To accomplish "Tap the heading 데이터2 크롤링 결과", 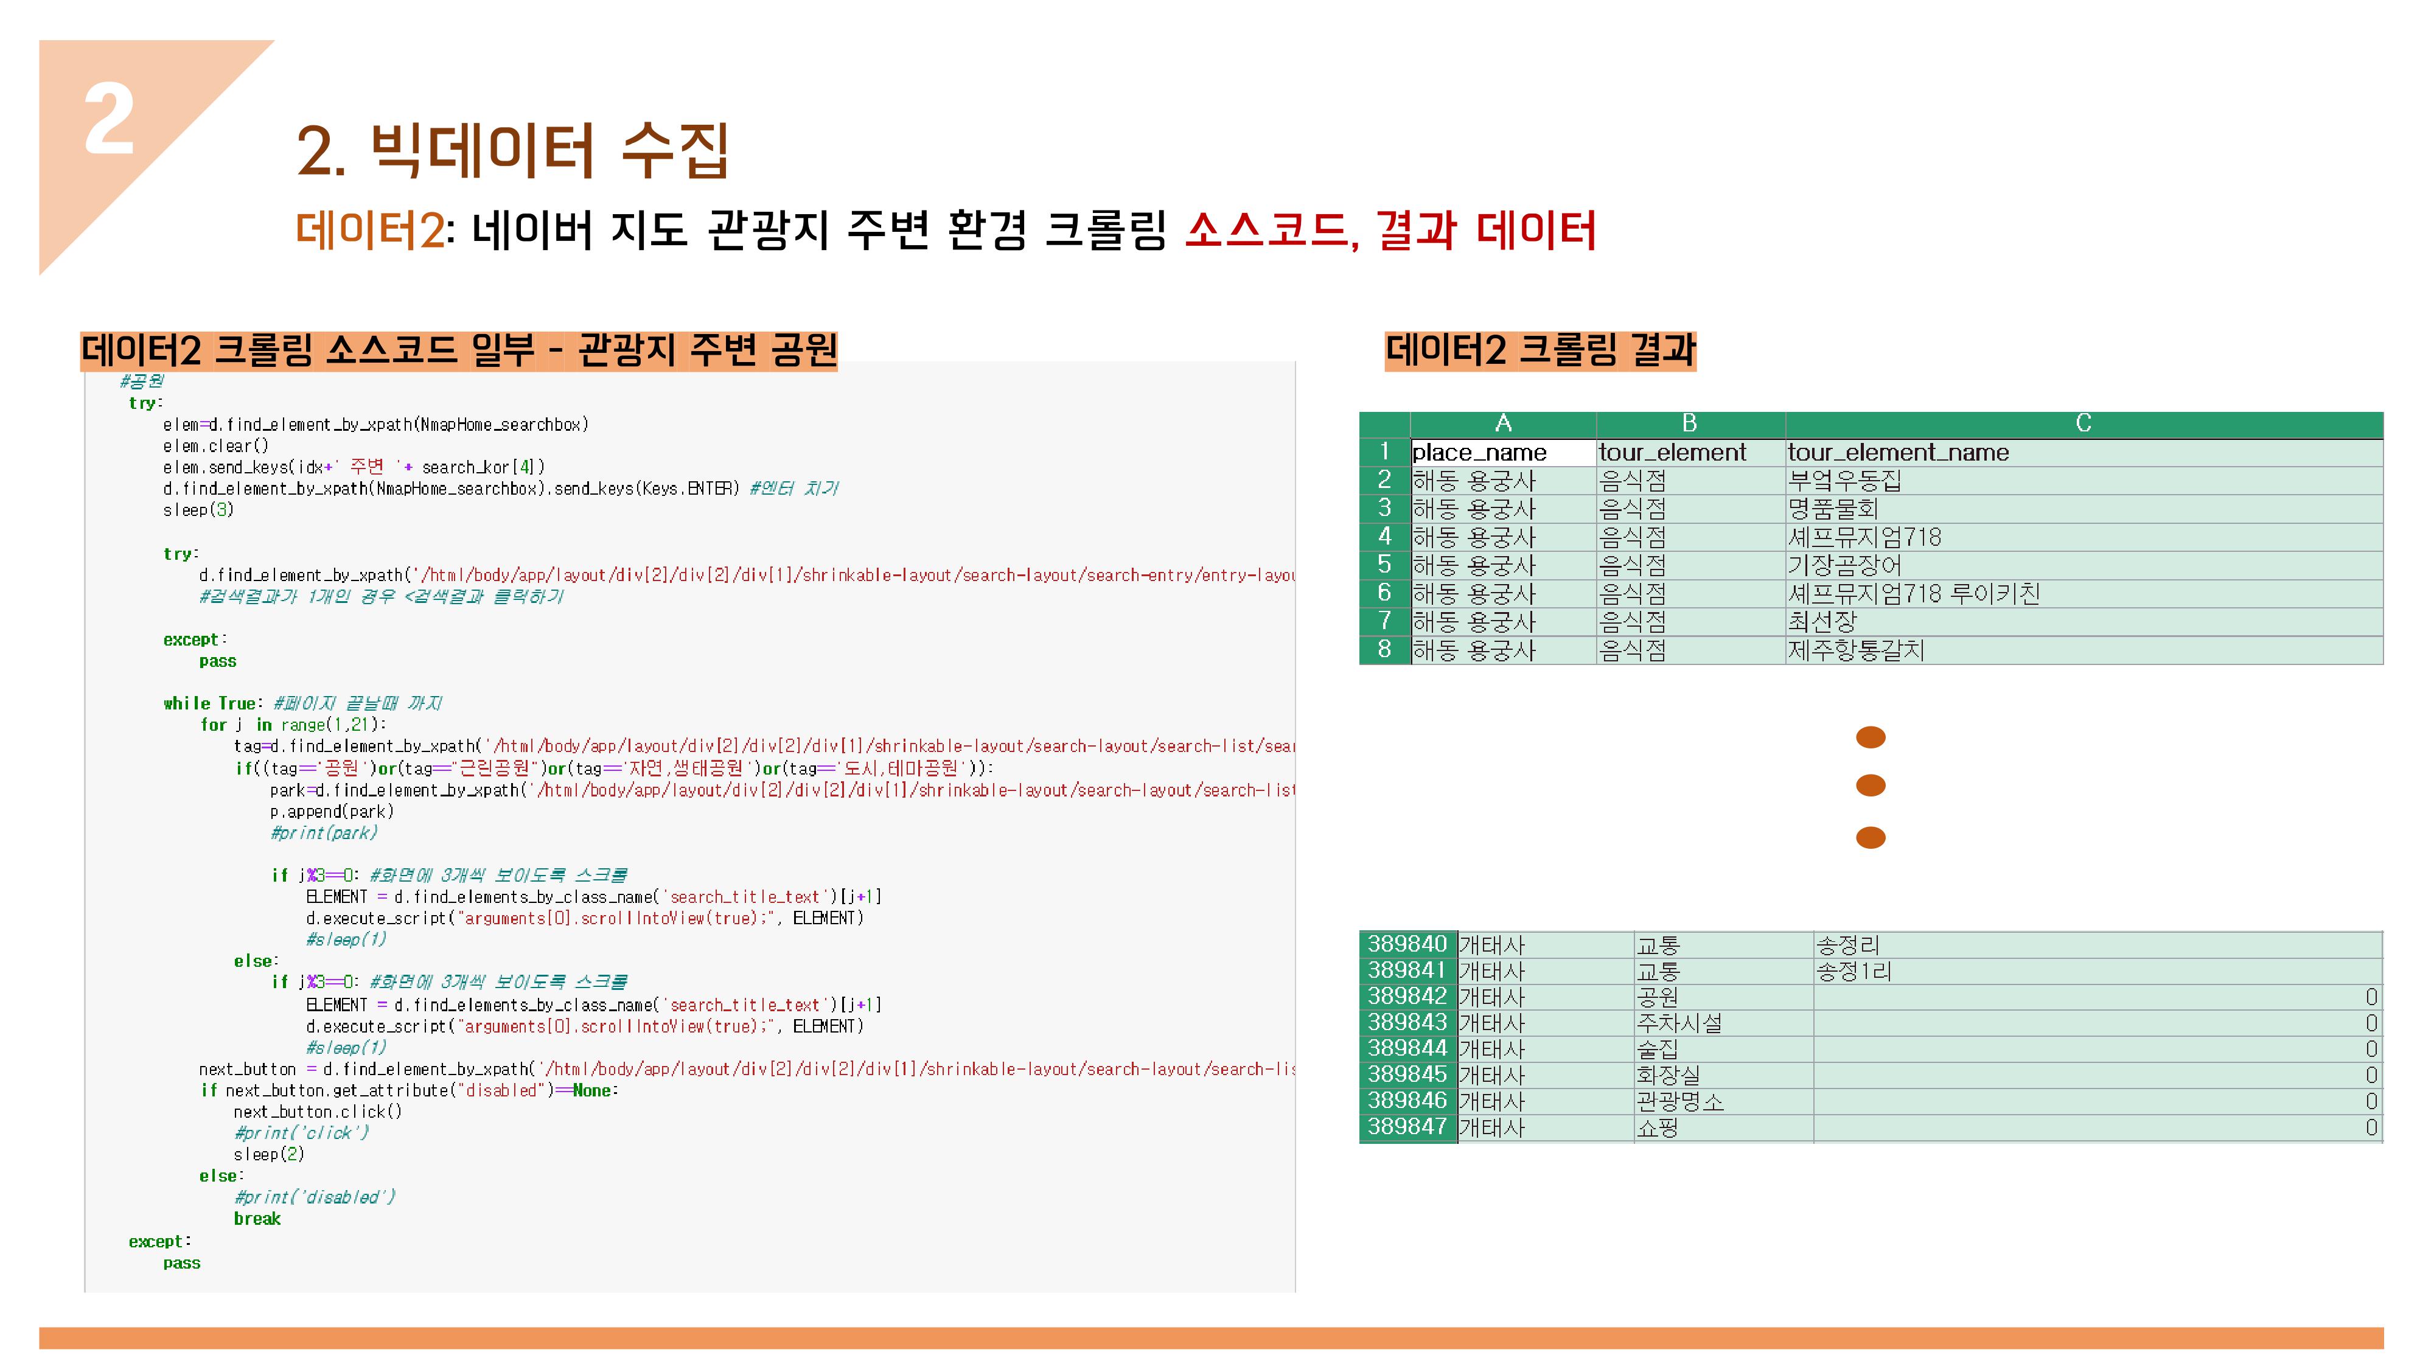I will (1540, 350).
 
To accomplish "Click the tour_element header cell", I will (1672, 453).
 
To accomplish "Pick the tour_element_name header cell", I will (1897, 453).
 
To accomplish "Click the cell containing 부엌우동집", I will (1844, 481).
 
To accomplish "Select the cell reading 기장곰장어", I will (1844, 566).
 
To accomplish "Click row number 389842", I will (1407, 997).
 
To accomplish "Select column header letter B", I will (1689, 423).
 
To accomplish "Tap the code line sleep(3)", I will (198, 510).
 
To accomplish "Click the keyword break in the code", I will (257, 1219).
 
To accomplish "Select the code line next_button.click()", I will (318, 1112).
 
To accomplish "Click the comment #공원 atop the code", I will (142, 381).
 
